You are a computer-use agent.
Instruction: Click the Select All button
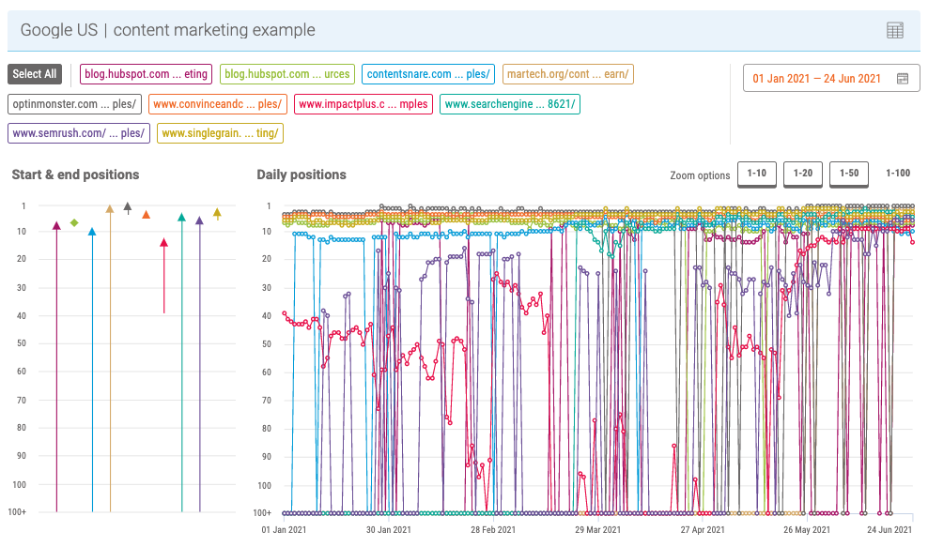click(x=35, y=74)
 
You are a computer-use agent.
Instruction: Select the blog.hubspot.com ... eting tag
click(x=146, y=74)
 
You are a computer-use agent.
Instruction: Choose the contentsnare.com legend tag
click(x=428, y=74)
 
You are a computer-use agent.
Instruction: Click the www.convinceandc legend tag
click(x=217, y=104)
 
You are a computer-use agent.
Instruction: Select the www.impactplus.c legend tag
click(x=363, y=104)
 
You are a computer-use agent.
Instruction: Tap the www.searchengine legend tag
click(x=510, y=104)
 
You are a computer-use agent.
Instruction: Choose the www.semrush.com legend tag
click(x=79, y=133)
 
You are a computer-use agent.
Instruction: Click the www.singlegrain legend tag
click(x=220, y=133)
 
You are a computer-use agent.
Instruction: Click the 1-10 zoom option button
click(x=756, y=174)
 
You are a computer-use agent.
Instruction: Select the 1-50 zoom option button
click(x=848, y=174)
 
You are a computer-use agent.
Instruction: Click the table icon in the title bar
click(x=895, y=30)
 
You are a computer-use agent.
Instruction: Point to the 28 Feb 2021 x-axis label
click(x=493, y=530)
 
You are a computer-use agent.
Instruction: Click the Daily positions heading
click(x=302, y=175)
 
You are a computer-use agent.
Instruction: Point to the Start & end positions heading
click(x=75, y=175)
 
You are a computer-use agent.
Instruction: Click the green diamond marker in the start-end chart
click(x=74, y=222)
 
